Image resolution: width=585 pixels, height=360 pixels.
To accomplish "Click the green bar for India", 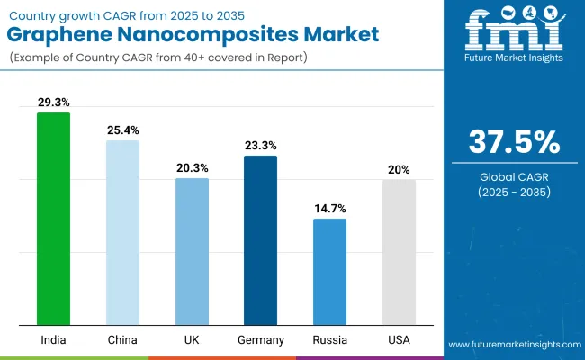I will pyautogui.click(x=53, y=219).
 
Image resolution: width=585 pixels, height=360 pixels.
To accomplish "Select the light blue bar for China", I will pyautogui.click(x=122, y=232).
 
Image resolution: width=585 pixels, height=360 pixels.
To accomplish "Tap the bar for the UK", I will pyautogui.click(x=192, y=251).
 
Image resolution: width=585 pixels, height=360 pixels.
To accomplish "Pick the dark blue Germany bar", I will pyautogui.click(x=260, y=240).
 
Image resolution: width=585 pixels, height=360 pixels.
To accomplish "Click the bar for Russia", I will pyautogui.click(x=329, y=271).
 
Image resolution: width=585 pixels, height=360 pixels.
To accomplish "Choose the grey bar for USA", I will pyautogui.click(x=399, y=252).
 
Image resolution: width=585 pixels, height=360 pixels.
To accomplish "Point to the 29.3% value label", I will pyautogui.click(x=53, y=103).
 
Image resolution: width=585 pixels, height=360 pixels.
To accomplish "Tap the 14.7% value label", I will pyautogui.click(x=329, y=209).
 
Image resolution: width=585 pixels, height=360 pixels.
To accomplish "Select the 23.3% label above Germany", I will pyautogui.click(x=260, y=146).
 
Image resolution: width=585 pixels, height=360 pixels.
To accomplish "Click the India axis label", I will pyautogui.click(x=53, y=339).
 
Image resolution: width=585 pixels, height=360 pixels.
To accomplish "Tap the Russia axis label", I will pyautogui.click(x=329, y=339).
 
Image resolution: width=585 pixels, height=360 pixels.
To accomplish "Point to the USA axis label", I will pyautogui.click(x=399, y=339).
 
